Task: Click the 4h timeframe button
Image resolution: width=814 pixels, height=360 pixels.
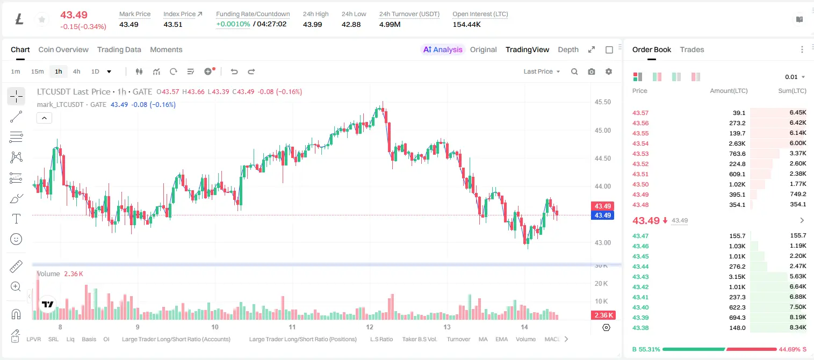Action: (76, 71)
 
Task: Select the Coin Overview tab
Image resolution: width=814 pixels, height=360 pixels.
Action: (63, 49)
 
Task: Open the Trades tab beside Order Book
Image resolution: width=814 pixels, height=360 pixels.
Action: (691, 49)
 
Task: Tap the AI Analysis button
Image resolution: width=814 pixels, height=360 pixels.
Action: (443, 49)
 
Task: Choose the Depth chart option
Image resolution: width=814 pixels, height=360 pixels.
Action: (568, 49)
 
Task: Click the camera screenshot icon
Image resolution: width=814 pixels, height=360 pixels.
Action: (591, 71)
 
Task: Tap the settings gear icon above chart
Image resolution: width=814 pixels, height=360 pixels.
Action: (609, 71)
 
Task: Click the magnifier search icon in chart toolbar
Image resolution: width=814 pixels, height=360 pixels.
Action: (574, 71)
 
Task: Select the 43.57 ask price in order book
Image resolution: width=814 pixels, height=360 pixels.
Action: (640, 113)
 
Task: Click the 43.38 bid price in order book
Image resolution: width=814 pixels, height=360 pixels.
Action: (640, 328)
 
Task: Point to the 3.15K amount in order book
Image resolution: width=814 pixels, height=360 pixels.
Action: (737, 277)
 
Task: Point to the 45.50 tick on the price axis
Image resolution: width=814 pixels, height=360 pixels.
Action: (602, 102)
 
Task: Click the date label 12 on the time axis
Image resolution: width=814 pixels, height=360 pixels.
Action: (370, 327)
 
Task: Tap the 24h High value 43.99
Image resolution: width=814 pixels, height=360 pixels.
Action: (313, 24)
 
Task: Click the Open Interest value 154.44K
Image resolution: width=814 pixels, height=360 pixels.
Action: (466, 24)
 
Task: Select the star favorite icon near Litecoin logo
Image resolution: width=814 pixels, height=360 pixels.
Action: (42, 19)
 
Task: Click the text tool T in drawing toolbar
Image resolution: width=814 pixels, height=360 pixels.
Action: (16, 219)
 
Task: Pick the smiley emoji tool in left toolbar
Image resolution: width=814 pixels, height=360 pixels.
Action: (16, 239)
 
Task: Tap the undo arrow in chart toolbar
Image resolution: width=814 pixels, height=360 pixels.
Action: (234, 71)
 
